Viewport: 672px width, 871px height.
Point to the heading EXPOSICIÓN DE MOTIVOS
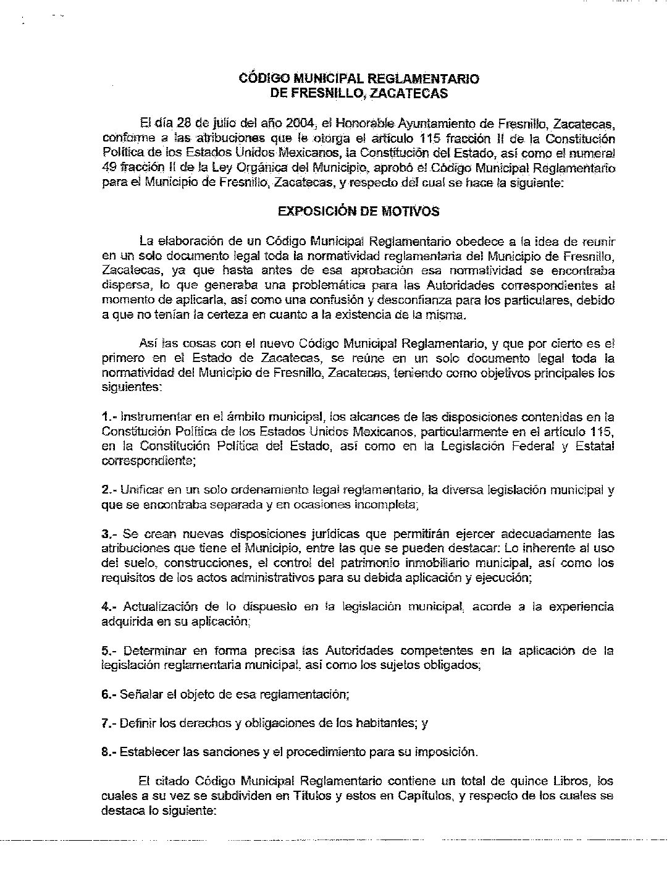pyautogui.click(x=358, y=211)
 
